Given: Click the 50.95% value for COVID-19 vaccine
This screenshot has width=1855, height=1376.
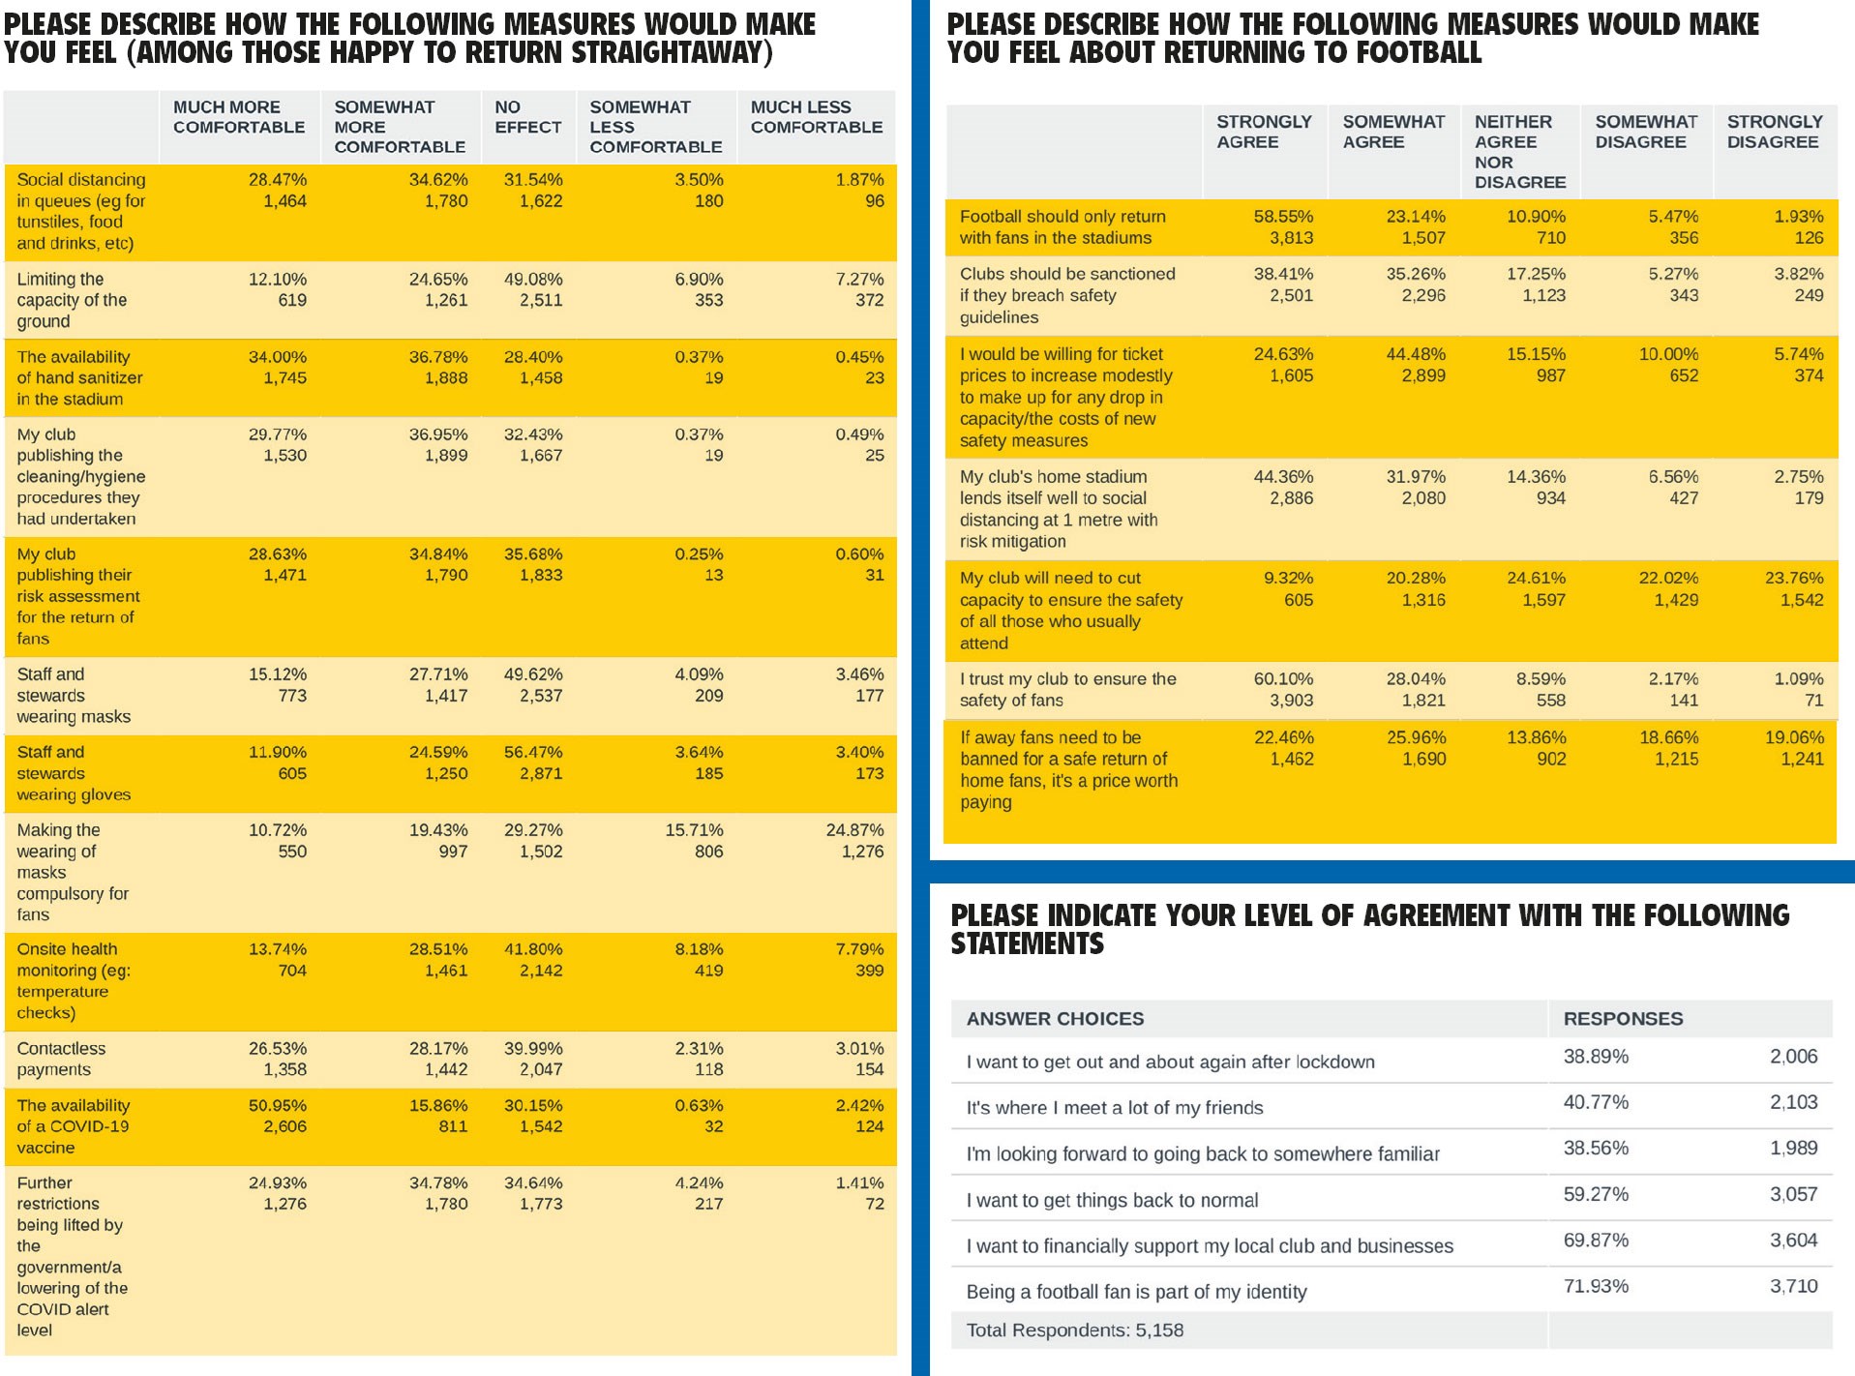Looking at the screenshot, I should point(277,1105).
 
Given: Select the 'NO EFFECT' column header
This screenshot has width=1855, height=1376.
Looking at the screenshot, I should point(527,117).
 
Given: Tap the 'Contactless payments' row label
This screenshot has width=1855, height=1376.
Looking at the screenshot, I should point(61,1059).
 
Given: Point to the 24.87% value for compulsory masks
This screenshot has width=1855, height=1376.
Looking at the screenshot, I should point(854,830).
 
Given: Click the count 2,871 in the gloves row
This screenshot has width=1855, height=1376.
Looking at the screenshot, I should point(540,773).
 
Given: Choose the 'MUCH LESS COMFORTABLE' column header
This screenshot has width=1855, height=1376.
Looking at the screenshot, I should point(816,117).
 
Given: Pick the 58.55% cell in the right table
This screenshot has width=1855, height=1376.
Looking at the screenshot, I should point(1283,217).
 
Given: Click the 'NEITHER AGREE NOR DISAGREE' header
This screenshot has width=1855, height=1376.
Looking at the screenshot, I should point(1519,151).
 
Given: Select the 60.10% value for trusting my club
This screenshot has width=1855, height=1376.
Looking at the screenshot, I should point(1283,679).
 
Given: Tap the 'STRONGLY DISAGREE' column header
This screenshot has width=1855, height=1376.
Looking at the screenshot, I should point(1774,132).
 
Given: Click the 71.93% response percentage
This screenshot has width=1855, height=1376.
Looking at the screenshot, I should point(1596,1286).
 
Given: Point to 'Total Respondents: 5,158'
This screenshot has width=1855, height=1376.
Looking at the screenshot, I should point(1074,1331).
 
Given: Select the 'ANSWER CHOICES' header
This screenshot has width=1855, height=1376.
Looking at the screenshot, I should point(1055,1019).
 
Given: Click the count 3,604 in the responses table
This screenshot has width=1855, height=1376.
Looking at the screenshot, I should point(1793,1241).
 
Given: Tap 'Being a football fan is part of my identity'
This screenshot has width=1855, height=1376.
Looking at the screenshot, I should point(1136,1292).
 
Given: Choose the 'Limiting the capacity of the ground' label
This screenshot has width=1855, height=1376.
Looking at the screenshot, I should point(72,300).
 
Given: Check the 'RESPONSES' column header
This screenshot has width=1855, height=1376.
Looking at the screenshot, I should point(1623,1019).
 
